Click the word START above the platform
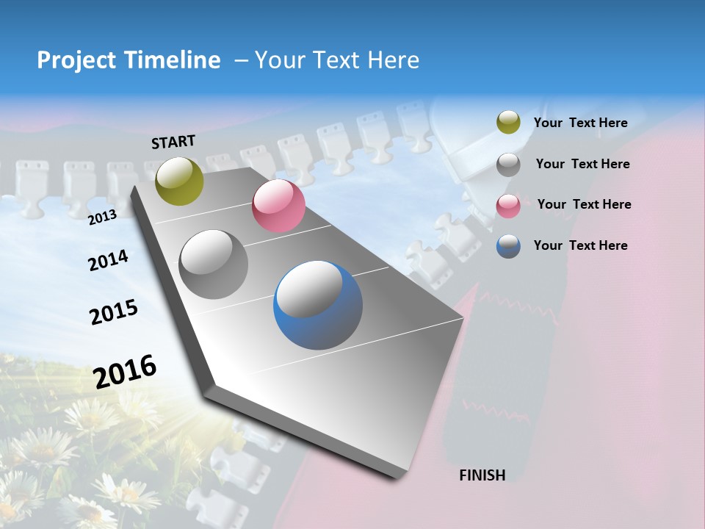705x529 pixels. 173,142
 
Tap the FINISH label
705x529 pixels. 482,475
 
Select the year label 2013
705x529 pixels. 102,217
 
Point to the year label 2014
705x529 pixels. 108,261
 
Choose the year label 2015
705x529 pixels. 114,312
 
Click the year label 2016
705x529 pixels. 125,371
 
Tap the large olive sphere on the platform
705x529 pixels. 180,181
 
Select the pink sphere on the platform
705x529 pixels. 278,206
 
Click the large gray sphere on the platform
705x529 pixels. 214,264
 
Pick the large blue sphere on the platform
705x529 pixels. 318,305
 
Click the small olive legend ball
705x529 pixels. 508,123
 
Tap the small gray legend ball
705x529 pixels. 508,165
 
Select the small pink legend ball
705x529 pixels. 508,206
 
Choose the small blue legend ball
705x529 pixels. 508,246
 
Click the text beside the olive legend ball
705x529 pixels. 580,123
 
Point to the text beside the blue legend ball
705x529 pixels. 580,245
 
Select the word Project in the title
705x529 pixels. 77,60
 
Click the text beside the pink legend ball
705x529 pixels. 584,204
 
